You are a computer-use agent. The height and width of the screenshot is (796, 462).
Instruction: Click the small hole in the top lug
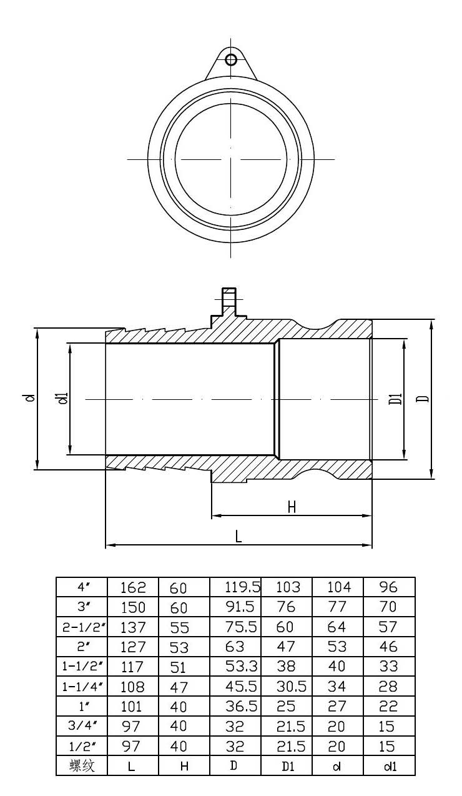pyautogui.click(x=231, y=60)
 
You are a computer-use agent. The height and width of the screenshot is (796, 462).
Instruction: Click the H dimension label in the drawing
pyautogui.click(x=291, y=507)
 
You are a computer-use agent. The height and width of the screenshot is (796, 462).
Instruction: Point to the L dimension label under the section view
pyautogui.click(x=238, y=537)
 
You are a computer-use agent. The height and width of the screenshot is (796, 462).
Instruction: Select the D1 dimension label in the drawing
pyautogui.click(x=394, y=399)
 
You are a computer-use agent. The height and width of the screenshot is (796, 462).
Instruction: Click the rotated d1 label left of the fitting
pyautogui.click(x=61, y=398)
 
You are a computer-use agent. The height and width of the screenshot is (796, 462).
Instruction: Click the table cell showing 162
pyautogui.click(x=132, y=587)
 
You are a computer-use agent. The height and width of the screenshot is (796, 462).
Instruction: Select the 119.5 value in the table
pyautogui.click(x=242, y=587)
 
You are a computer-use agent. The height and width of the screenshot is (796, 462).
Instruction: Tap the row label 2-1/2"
pyautogui.click(x=82, y=626)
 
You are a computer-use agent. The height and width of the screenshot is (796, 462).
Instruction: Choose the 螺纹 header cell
pyautogui.click(x=82, y=765)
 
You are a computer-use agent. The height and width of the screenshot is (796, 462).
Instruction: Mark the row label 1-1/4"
pyautogui.click(x=82, y=686)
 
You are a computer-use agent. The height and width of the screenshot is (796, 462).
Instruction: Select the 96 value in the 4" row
pyautogui.click(x=388, y=587)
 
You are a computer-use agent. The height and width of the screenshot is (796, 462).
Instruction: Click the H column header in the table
pyautogui.click(x=184, y=766)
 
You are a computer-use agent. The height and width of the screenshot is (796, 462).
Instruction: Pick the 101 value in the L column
pyautogui.click(x=132, y=706)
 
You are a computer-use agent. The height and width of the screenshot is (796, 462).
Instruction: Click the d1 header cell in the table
pyautogui.click(x=389, y=766)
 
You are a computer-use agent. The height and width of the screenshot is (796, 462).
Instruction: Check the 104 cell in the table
pyautogui.click(x=339, y=587)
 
